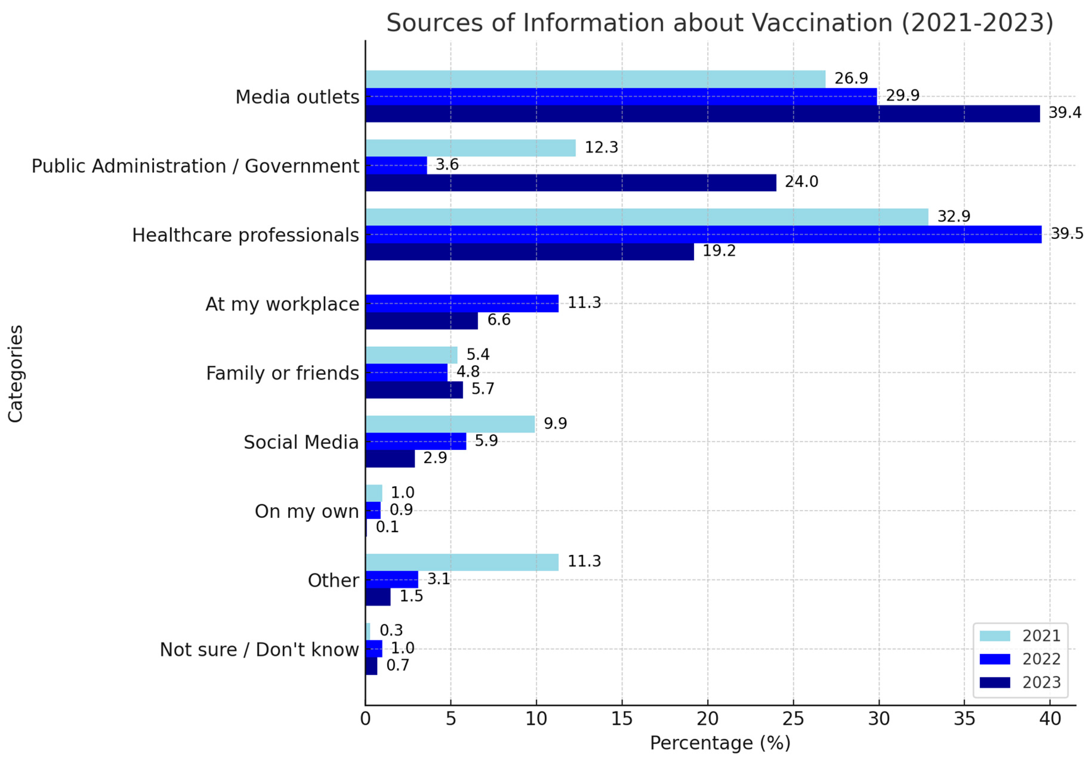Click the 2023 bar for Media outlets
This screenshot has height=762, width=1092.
702,114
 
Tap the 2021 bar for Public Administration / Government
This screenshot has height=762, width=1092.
471,148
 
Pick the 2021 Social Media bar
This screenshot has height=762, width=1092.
450,424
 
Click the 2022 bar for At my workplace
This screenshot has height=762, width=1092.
462,303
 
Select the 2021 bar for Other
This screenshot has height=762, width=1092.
462,562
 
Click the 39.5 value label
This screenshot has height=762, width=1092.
1066,233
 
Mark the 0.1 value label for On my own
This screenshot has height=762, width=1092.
387,527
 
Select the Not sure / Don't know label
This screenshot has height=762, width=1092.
259,649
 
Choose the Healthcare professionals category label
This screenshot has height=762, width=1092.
246,235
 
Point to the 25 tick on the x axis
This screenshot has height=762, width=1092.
793,719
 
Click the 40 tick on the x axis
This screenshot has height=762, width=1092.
1050,719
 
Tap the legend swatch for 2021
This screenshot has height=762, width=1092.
994,636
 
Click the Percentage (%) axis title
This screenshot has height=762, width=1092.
720,743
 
